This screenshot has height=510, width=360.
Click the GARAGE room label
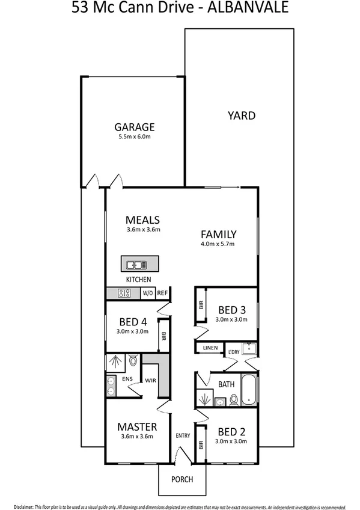click(x=135, y=127)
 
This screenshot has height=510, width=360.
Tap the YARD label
click(x=241, y=115)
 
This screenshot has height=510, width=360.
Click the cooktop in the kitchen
click(x=126, y=293)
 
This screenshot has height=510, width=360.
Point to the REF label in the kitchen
click(x=163, y=293)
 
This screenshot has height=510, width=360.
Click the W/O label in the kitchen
click(x=147, y=293)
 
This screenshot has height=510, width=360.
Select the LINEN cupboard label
click(x=210, y=348)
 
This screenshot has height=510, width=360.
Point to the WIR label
click(x=150, y=379)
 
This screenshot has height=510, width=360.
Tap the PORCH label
click(x=182, y=479)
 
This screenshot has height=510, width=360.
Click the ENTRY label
click(x=182, y=435)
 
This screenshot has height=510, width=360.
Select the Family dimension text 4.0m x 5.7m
click(x=218, y=244)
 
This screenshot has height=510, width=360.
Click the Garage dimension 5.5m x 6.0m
click(x=135, y=137)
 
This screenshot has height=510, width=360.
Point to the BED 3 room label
click(x=231, y=310)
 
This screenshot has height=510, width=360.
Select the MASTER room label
click(x=137, y=426)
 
